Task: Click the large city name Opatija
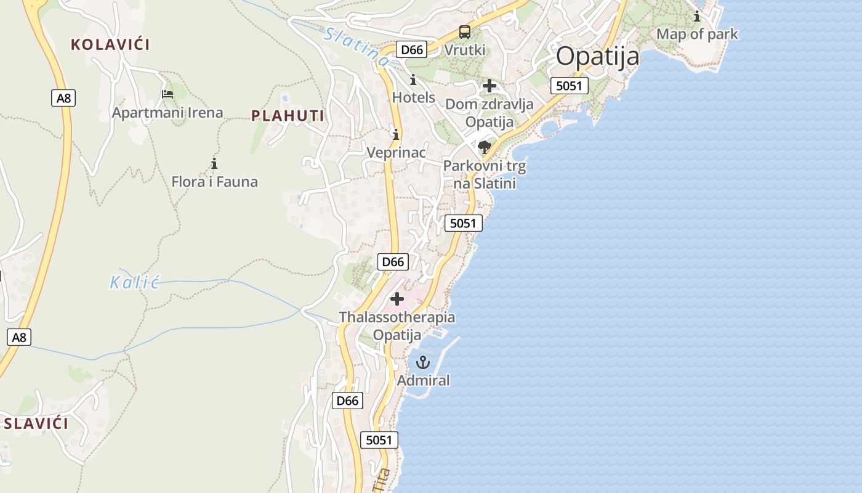click(597, 57)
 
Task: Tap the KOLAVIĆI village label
click(110, 44)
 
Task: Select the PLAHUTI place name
click(288, 116)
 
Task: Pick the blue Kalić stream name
click(134, 283)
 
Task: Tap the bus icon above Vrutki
click(465, 32)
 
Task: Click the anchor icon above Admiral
click(422, 362)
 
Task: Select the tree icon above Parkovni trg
click(485, 147)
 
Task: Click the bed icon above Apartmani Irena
click(167, 94)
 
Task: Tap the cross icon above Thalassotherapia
click(397, 299)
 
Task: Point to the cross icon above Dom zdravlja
click(489, 85)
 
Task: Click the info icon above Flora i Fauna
click(214, 163)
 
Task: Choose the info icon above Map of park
click(697, 16)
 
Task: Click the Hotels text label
click(414, 97)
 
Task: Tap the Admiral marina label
click(423, 380)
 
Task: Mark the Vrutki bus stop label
click(465, 50)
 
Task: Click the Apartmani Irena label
click(167, 113)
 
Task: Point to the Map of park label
click(697, 34)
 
